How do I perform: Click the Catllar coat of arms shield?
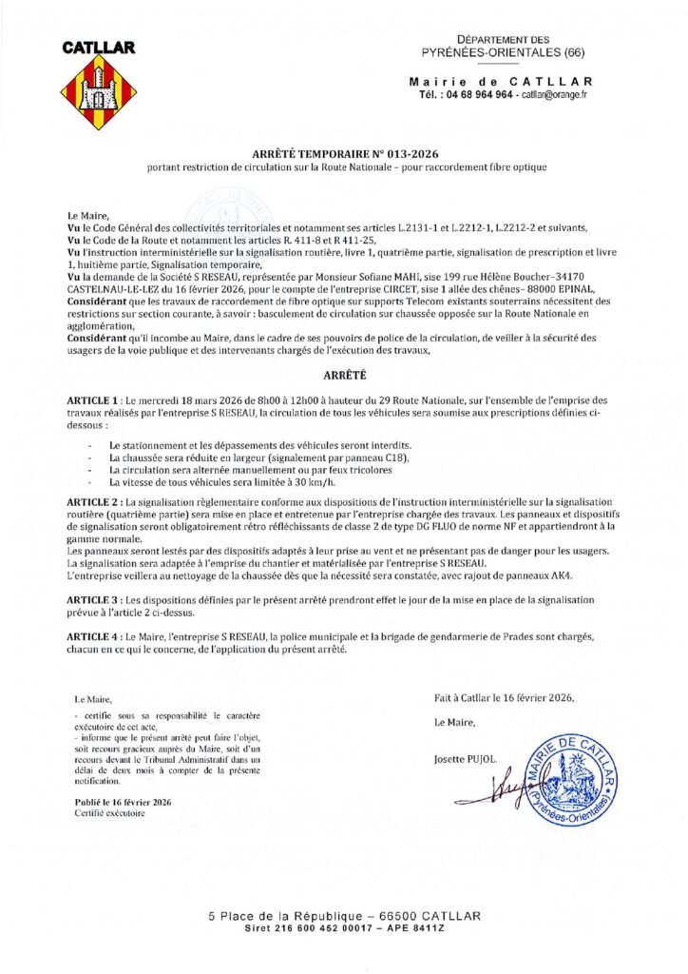[x=99, y=93]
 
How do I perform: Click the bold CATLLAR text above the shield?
[x=99, y=47]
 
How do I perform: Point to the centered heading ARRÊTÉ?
[x=343, y=376]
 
